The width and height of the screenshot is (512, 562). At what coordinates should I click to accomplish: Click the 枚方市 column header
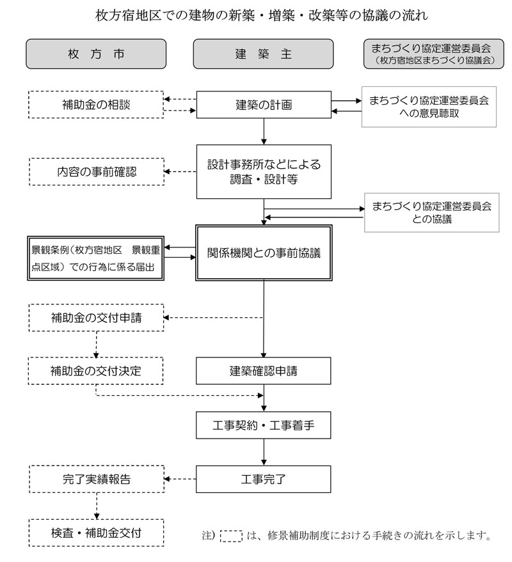96,54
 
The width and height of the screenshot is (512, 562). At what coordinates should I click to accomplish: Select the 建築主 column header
263,54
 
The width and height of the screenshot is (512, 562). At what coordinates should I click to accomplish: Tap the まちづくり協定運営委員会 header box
434,54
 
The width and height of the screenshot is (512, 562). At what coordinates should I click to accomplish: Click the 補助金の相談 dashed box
96,105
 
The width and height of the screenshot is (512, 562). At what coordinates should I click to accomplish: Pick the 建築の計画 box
264,105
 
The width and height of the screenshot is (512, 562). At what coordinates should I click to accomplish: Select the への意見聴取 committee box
429,107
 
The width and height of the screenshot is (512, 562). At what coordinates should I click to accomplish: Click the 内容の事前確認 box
97,172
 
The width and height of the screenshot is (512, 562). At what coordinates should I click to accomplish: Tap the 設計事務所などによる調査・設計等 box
264,172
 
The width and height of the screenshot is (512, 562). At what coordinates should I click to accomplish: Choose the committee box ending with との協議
431,212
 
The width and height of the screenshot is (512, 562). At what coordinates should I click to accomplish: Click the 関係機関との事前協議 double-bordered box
264,253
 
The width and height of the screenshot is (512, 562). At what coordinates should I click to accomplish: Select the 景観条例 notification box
95,258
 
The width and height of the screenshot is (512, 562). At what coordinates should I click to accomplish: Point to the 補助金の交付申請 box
96,318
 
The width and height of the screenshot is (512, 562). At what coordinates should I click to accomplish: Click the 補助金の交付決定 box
96,371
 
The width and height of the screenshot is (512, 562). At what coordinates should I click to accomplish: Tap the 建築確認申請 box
263,371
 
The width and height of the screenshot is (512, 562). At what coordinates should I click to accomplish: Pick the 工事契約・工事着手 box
263,425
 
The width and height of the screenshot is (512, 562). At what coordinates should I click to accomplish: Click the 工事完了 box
263,480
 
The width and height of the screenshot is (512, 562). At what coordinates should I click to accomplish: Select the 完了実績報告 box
97,480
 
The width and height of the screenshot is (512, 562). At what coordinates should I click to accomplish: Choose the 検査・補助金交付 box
96,533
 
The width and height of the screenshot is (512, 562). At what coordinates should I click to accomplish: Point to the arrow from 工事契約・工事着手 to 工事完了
264,452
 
